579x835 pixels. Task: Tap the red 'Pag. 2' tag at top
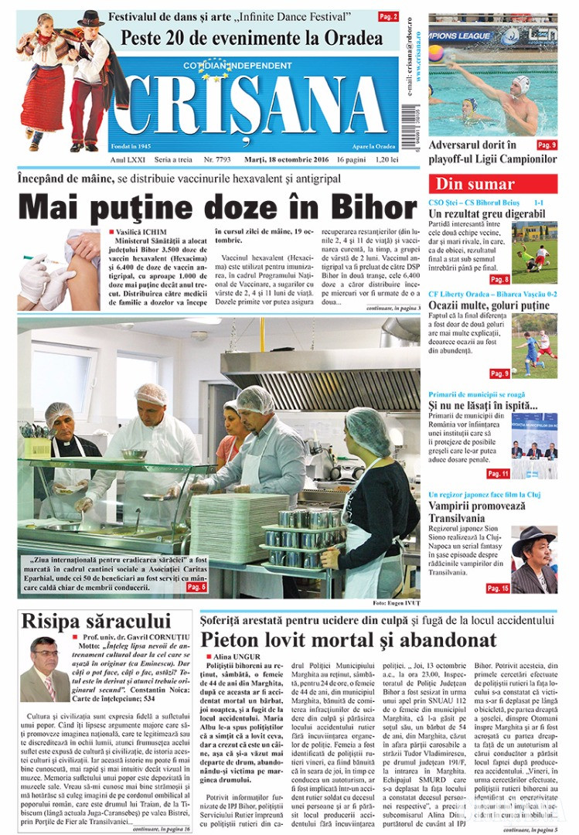click(388, 16)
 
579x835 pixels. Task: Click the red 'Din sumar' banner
click(475, 184)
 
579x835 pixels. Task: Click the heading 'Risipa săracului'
click(96, 620)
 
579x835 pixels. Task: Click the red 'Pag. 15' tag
click(497, 588)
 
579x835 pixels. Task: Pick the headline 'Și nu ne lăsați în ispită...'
click(483, 406)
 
